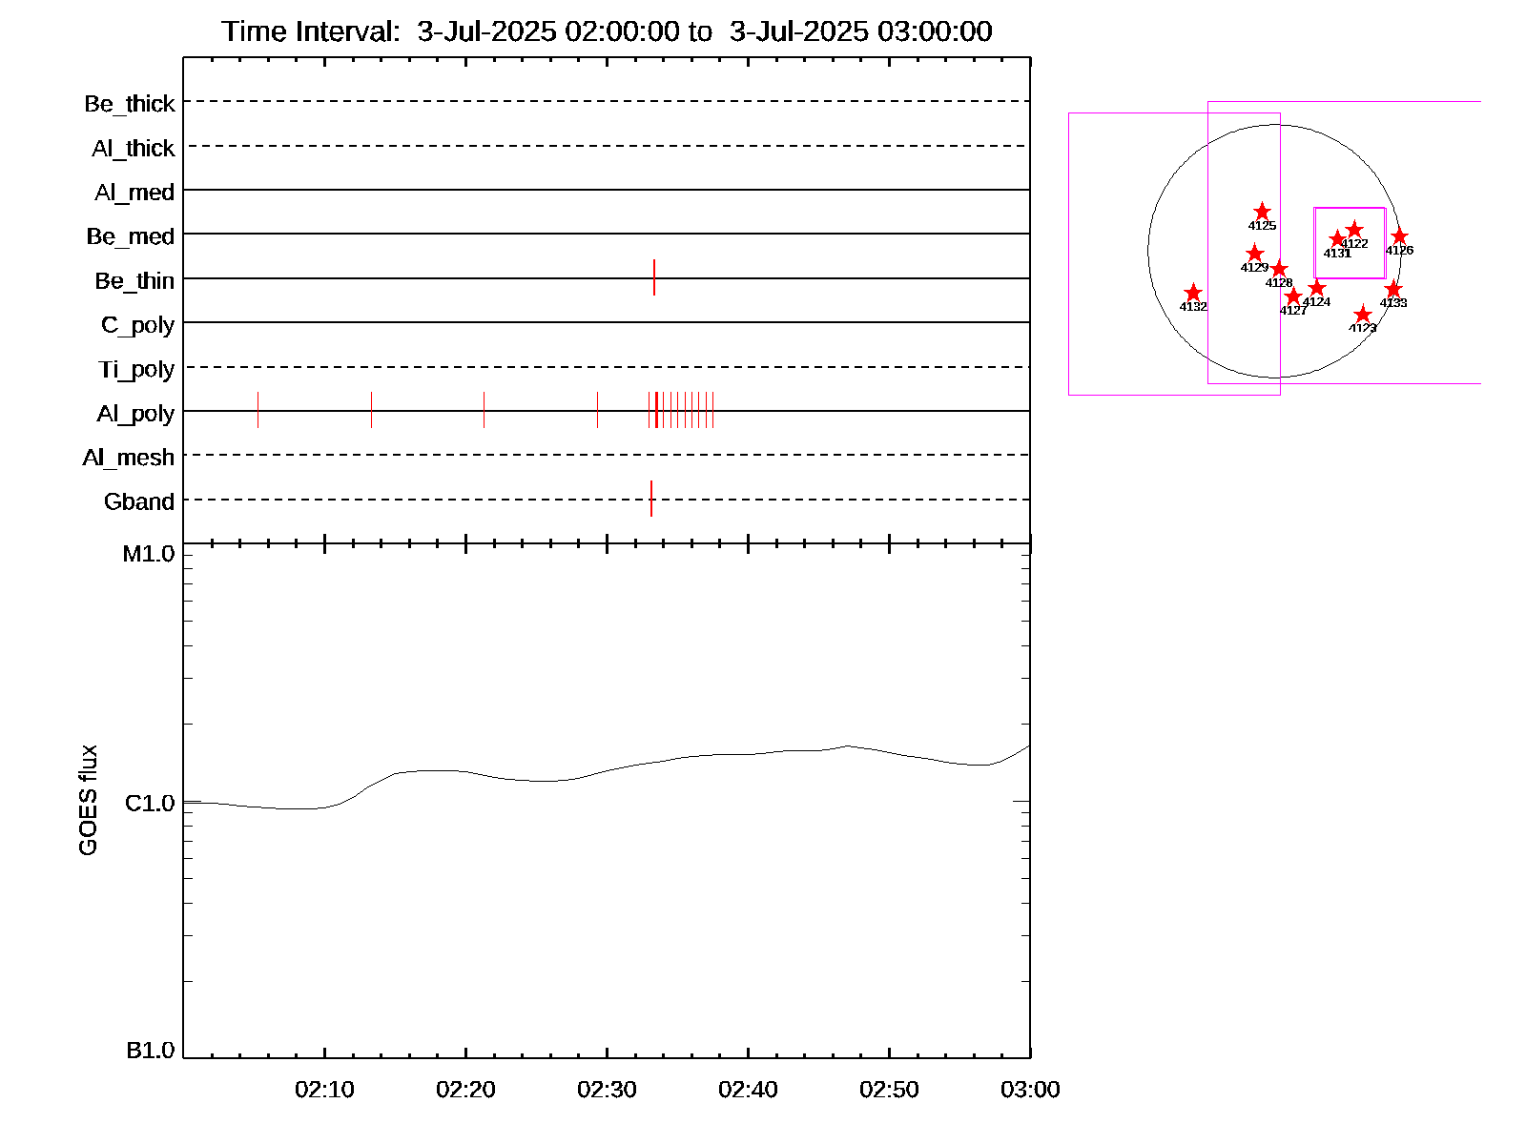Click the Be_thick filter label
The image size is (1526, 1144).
(x=130, y=104)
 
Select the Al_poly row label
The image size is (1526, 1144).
(x=135, y=414)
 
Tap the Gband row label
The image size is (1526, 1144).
(x=139, y=501)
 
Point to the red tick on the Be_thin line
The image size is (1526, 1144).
(x=654, y=277)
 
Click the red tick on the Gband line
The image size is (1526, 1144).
(x=651, y=499)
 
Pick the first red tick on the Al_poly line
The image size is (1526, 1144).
(x=258, y=410)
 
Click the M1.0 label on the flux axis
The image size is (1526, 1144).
(x=149, y=554)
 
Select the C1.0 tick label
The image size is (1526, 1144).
(x=151, y=804)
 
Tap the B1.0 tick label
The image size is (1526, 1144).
(x=151, y=1051)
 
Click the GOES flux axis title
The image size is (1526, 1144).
(x=88, y=800)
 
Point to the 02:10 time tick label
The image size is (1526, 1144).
(x=324, y=1090)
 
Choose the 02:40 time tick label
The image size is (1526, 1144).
(x=748, y=1090)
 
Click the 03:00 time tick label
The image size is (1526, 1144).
(x=1030, y=1090)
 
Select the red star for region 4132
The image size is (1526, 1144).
(x=1193, y=293)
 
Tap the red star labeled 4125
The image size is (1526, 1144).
(x=1262, y=212)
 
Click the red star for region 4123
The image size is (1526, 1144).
(x=1363, y=315)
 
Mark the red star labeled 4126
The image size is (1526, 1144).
(x=1399, y=236)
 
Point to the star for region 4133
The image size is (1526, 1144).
(x=1393, y=289)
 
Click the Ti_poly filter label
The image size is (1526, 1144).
(x=136, y=370)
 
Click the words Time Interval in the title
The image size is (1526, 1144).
(x=311, y=31)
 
